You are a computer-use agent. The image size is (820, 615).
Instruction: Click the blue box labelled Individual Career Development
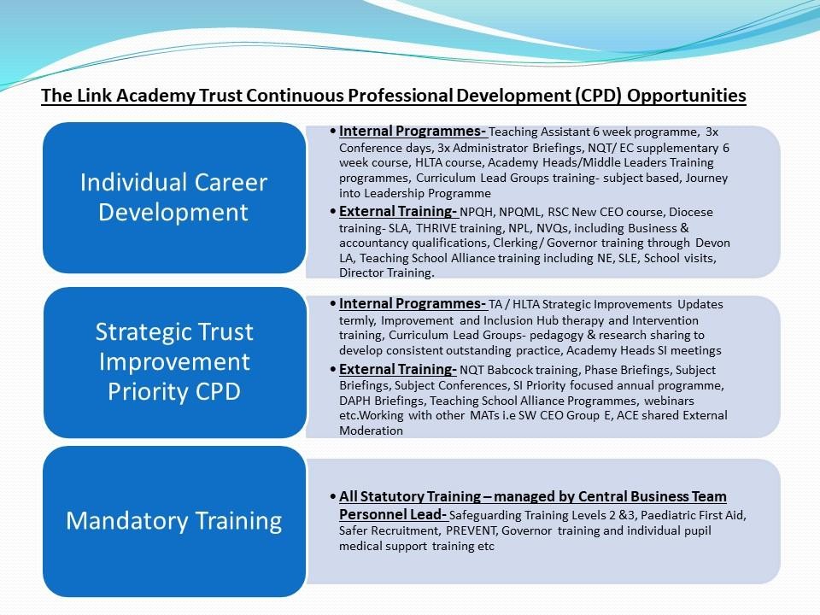pos(174,197)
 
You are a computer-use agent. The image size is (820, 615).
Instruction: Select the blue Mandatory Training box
pos(174,521)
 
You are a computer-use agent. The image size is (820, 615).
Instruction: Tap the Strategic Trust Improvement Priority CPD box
pos(174,362)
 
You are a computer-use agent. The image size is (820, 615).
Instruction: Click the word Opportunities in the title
pos(686,96)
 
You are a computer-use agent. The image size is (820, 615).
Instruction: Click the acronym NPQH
pos(476,213)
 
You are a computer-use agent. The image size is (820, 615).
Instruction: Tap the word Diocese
pos(691,213)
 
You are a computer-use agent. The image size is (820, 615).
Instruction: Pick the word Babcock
pos(507,370)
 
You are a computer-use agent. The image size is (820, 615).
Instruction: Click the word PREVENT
pos(471,530)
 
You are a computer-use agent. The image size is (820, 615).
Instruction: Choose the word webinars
pos(669,401)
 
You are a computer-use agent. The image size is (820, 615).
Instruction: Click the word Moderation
pos(371,430)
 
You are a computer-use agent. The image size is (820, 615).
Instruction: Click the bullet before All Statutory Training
pos(332,496)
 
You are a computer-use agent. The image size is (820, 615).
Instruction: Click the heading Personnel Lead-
pos(393,514)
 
